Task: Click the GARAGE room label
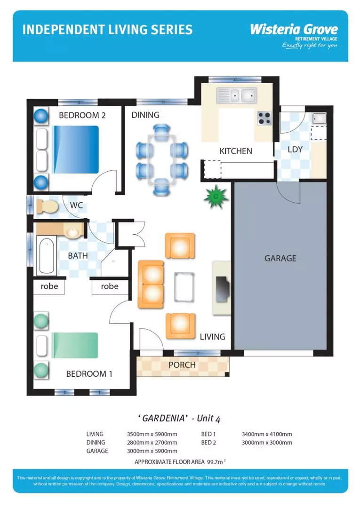point(280,258)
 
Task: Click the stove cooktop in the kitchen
point(264,118)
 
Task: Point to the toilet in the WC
point(47,206)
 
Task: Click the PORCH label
point(182,365)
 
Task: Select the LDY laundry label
point(295,150)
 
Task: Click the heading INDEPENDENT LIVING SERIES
point(107,30)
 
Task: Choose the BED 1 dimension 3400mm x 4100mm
point(266,434)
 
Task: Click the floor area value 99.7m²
point(220,462)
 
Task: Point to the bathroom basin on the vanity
point(72,232)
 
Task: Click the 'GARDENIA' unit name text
point(162,418)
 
